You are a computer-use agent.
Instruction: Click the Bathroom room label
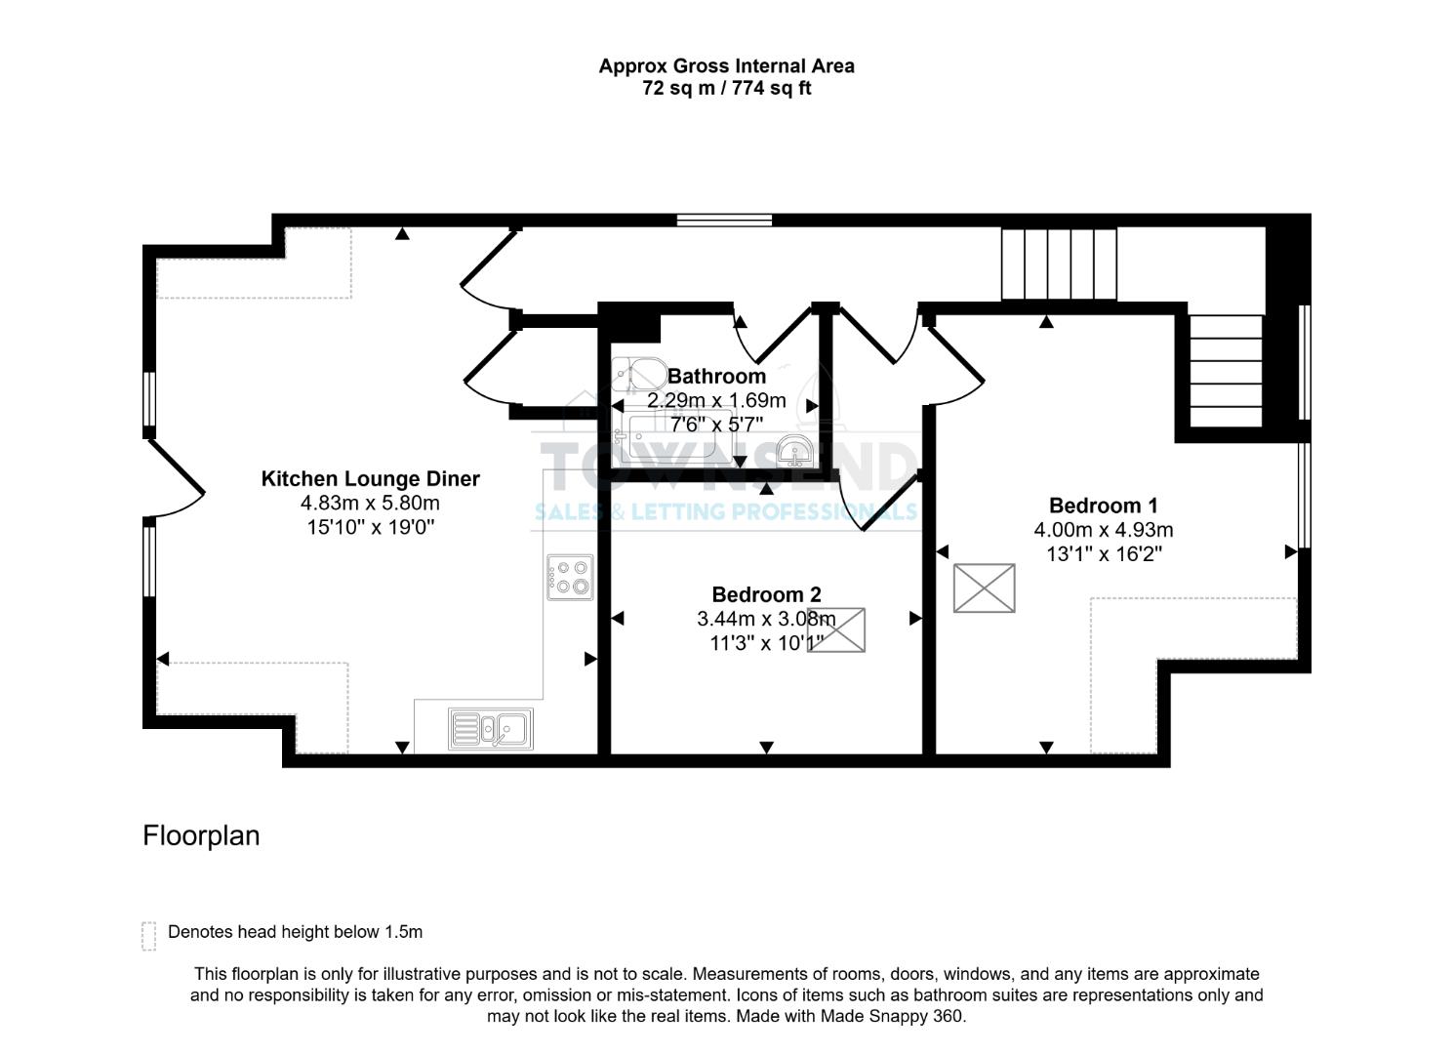click(x=716, y=376)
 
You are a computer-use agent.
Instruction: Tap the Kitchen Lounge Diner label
click(x=370, y=478)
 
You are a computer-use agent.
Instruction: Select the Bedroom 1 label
click(x=1103, y=506)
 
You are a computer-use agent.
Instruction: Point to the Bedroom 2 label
click(x=766, y=594)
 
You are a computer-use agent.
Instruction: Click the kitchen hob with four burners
click(x=569, y=577)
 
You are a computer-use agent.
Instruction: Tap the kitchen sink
click(x=491, y=728)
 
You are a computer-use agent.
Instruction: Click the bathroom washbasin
click(x=795, y=453)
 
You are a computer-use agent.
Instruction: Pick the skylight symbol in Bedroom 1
click(x=984, y=588)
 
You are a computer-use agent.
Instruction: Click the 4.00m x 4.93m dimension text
click(x=1103, y=530)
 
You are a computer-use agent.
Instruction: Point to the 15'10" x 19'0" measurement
click(x=370, y=527)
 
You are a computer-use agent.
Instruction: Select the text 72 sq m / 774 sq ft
click(x=726, y=88)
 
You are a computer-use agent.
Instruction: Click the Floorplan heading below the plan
click(x=201, y=835)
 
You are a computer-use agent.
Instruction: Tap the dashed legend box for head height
click(x=148, y=935)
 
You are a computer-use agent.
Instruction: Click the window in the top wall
click(x=724, y=220)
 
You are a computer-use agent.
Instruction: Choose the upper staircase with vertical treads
click(x=1059, y=263)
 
